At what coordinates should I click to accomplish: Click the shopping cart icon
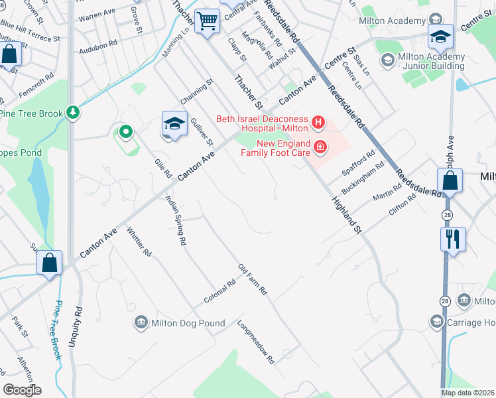(x=208, y=22)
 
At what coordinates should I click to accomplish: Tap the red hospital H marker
(x=319, y=122)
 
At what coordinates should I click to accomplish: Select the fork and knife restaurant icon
(x=453, y=239)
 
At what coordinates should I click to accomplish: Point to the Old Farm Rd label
(x=253, y=279)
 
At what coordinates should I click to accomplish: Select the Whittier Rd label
(x=139, y=243)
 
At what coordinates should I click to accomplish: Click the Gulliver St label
(x=202, y=129)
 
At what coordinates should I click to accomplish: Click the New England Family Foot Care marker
(x=320, y=147)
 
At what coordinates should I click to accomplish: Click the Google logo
(x=22, y=390)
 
